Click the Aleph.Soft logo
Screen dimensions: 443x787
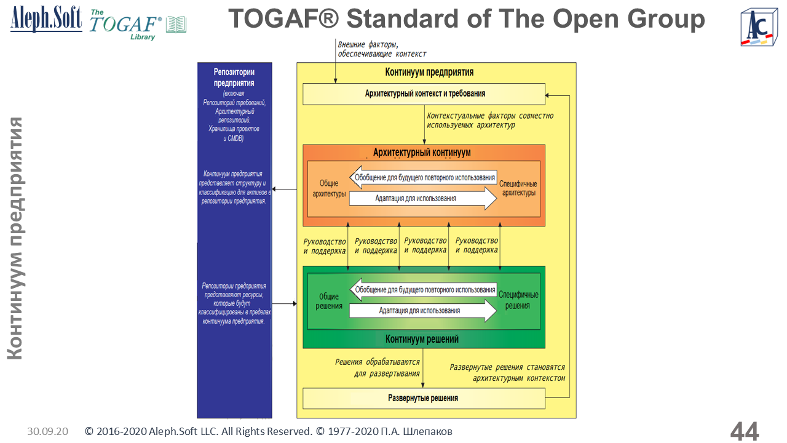coord(46,20)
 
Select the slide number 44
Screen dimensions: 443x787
coord(745,431)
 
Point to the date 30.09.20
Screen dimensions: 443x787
coord(47,432)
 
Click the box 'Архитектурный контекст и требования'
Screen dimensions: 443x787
coord(424,94)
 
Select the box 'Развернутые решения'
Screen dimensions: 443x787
coord(424,399)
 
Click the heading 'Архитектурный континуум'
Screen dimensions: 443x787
coord(422,152)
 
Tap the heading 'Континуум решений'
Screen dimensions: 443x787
coord(422,339)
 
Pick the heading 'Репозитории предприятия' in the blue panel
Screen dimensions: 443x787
coord(234,78)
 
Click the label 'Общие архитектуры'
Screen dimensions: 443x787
coord(329,188)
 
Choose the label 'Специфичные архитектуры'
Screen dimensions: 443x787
coord(518,188)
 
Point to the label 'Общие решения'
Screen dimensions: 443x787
coord(328,301)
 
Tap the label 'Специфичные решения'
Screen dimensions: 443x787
coord(518,300)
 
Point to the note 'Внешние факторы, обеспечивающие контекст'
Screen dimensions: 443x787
coord(381,49)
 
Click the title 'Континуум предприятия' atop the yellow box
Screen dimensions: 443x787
coord(429,72)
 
